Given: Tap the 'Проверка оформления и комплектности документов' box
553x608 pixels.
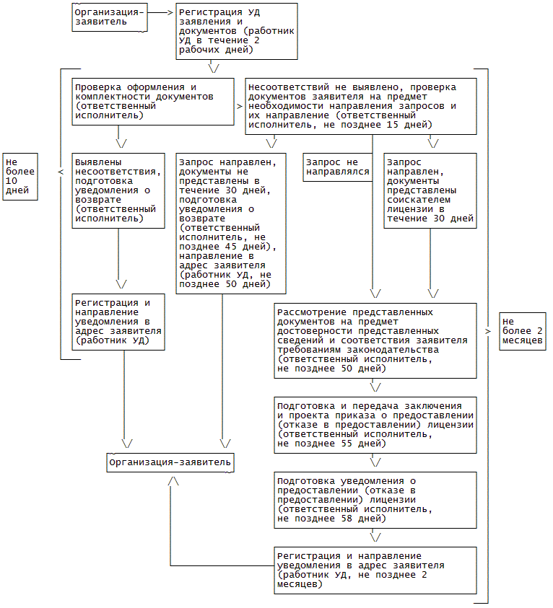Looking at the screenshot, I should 153,102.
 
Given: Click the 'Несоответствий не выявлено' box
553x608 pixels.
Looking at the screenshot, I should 361,106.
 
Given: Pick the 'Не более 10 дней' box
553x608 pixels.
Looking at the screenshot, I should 20,176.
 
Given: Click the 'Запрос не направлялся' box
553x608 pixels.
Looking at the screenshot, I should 337,167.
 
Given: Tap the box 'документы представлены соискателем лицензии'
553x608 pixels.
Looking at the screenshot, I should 431,190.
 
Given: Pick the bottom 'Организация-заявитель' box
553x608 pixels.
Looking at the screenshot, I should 170,462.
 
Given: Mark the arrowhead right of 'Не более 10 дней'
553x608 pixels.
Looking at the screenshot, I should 60,172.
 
